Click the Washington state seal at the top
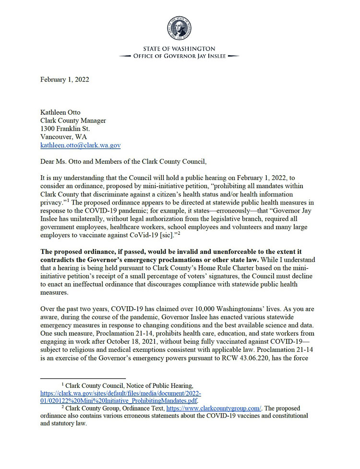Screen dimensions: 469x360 (x=180, y=28)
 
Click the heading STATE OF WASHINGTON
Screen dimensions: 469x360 (x=180, y=49)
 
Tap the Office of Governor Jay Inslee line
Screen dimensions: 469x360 (x=180, y=56)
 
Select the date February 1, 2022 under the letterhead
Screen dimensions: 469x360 (x=64, y=80)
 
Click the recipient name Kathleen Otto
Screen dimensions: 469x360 (x=60, y=112)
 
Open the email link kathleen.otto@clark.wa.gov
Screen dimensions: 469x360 (x=80, y=144)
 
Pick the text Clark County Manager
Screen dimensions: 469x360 (x=73, y=120)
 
